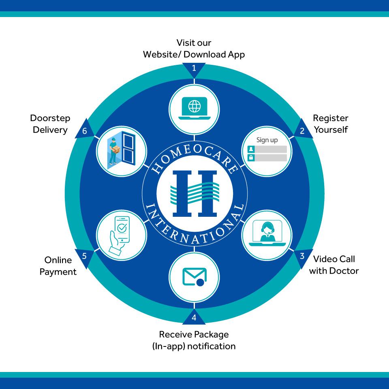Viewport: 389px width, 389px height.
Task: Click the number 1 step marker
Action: click(x=194, y=69)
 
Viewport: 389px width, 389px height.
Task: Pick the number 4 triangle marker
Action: click(x=194, y=317)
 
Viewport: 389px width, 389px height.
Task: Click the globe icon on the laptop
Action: click(x=194, y=106)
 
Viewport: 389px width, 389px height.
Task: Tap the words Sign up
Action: click(x=267, y=140)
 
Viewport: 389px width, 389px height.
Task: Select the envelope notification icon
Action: click(x=194, y=277)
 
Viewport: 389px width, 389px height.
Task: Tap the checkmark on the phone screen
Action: click(x=122, y=228)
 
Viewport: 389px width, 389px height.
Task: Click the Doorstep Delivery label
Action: click(x=50, y=124)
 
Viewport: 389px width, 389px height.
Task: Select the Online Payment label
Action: click(x=58, y=266)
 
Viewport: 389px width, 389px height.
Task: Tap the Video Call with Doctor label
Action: click(x=334, y=265)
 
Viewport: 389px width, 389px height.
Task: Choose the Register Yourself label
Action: click(x=331, y=124)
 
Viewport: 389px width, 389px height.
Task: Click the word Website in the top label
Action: click(x=161, y=54)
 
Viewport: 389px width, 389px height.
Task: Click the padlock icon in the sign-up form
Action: click(x=251, y=157)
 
